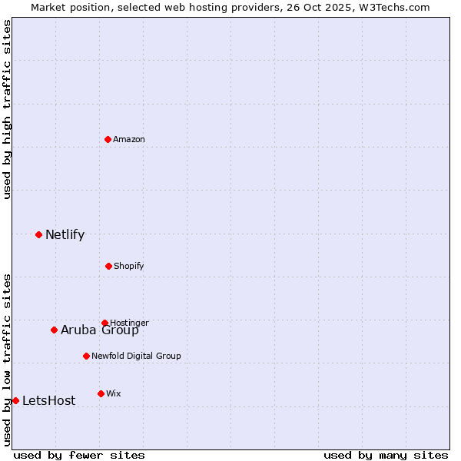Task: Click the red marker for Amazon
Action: pyautogui.click(x=108, y=139)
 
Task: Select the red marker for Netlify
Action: pyautogui.click(x=38, y=234)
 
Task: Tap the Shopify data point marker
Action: pyautogui.click(x=108, y=266)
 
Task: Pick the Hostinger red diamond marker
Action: pyautogui.click(x=104, y=323)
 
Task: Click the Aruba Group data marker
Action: pyautogui.click(x=54, y=330)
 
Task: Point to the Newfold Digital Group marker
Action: pyautogui.click(x=86, y=356)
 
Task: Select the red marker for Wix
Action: pyautogui.click(x=101, y=393)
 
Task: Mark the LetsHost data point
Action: pyautogui.click(x=15, y=400)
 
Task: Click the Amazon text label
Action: pyautogui.click(x=129, y=139)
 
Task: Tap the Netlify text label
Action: pyautogui.click(x=65, y=235)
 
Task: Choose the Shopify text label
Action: pyautogui.click(x=128, y=266)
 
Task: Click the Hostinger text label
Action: pyautogui.click(x=129, y=323)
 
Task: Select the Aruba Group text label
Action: pyautogui.click(x=100, y=330)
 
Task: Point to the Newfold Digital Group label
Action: pyautogui.click(x=136, y=356)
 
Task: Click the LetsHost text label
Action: pyautogui.click(x=48, y=401)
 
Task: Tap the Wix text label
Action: pyautogui.click(x=114, y=393)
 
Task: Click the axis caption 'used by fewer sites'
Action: pyautogui.click(x=79, y=455)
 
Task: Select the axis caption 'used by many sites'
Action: pyautogui.click(x=386, y=455)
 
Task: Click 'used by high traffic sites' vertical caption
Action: pyautogui.click(x=8, y=109)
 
